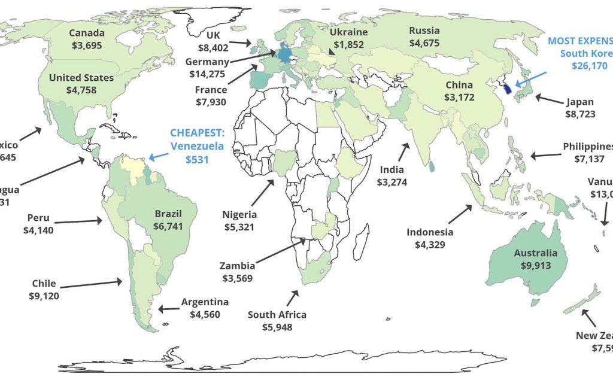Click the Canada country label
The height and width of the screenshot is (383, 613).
86,33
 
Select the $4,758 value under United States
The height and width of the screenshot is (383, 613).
81,90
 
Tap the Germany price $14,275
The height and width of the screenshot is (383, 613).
207,74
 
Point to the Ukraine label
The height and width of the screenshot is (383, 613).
348,32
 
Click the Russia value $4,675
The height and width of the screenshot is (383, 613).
424,43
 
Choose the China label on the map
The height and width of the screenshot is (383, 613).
459,85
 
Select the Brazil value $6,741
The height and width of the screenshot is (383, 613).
168,226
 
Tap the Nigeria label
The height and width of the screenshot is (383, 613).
239,214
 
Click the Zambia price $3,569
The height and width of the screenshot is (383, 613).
236,278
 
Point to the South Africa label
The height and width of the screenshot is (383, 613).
277,314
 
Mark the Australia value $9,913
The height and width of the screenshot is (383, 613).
535,266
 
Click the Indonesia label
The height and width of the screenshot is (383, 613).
430,232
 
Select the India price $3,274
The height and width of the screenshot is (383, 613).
392,182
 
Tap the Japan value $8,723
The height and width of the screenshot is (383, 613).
580,114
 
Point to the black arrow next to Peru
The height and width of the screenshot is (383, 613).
84,221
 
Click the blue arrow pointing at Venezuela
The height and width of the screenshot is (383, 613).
159,157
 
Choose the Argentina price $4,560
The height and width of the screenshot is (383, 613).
205,314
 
